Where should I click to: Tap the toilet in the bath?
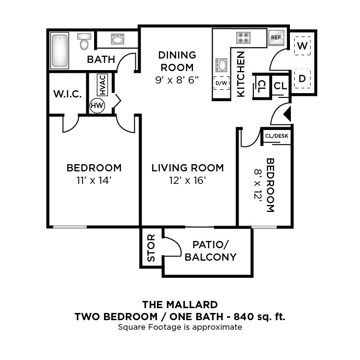click(x=84, y=42)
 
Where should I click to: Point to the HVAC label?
click(x=101, y=85)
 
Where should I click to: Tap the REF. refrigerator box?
click(x=276, y=37)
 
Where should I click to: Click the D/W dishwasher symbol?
click(x=221, y=83)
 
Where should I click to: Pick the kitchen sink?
click(x=222, y=64)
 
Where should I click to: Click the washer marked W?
click(x=302, y=46)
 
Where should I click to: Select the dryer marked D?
click(x=302, y=78)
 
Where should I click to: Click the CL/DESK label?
click(x=276, y=136)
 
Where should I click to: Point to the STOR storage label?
click(x=151, y=248)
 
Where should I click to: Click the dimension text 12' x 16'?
click(x=187, y=181)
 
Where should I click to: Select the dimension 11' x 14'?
click(x=94, y=181)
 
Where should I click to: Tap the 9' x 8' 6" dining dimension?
click(x=177, y=80)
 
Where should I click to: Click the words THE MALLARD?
click(x=180, y=304)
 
